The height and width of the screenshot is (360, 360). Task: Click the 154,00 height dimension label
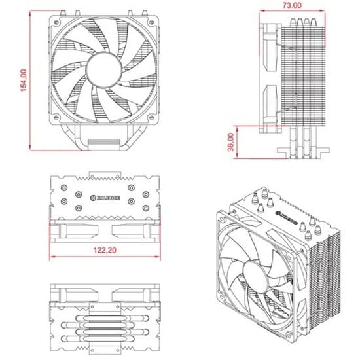click(x=24, y=81)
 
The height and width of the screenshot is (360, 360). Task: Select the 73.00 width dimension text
click(x=293, y=5)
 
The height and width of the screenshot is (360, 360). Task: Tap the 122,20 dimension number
click(x=104, y=251)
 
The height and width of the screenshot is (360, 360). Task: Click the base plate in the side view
click(x=301, y=151)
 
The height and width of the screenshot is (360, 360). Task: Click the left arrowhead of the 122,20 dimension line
click(x=52, y=256)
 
